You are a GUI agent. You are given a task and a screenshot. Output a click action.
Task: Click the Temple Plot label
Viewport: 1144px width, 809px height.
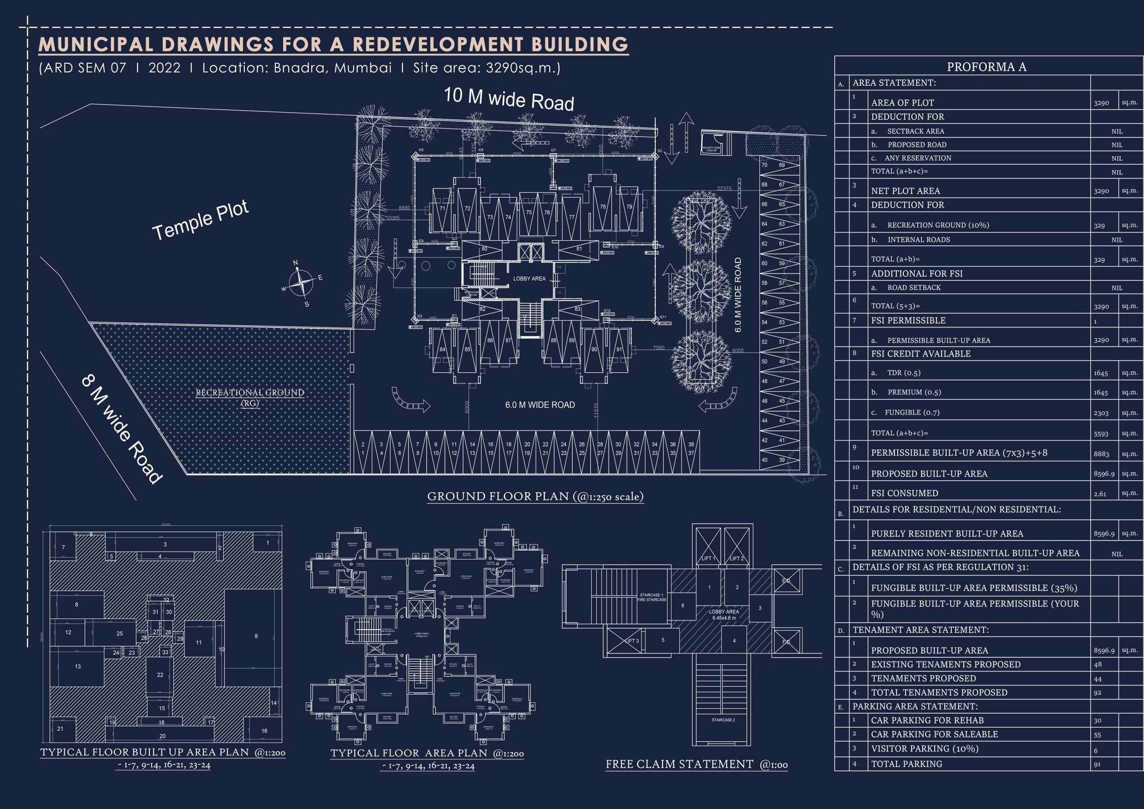point(200,221)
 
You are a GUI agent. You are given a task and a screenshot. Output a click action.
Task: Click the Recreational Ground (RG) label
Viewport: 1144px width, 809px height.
point(249,397)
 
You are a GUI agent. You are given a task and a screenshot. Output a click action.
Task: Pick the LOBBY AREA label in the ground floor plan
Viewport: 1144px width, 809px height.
point(529,279)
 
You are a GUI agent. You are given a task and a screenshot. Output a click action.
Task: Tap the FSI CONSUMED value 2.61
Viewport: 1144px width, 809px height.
point(1100,494)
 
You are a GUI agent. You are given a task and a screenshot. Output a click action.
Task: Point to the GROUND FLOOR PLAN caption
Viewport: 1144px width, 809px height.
point(535,496)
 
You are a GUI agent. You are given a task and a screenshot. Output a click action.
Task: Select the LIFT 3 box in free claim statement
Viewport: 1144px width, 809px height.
point(632,641)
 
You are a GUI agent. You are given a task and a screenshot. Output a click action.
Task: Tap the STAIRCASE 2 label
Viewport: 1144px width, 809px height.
point(723,720)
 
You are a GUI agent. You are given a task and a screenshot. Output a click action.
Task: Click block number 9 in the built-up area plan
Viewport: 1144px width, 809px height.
point(256,636)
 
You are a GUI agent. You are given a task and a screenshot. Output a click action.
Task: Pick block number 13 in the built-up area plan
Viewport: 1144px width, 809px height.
point(78,666)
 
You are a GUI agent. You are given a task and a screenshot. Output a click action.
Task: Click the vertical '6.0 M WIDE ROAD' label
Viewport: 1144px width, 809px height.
point(738,295)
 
